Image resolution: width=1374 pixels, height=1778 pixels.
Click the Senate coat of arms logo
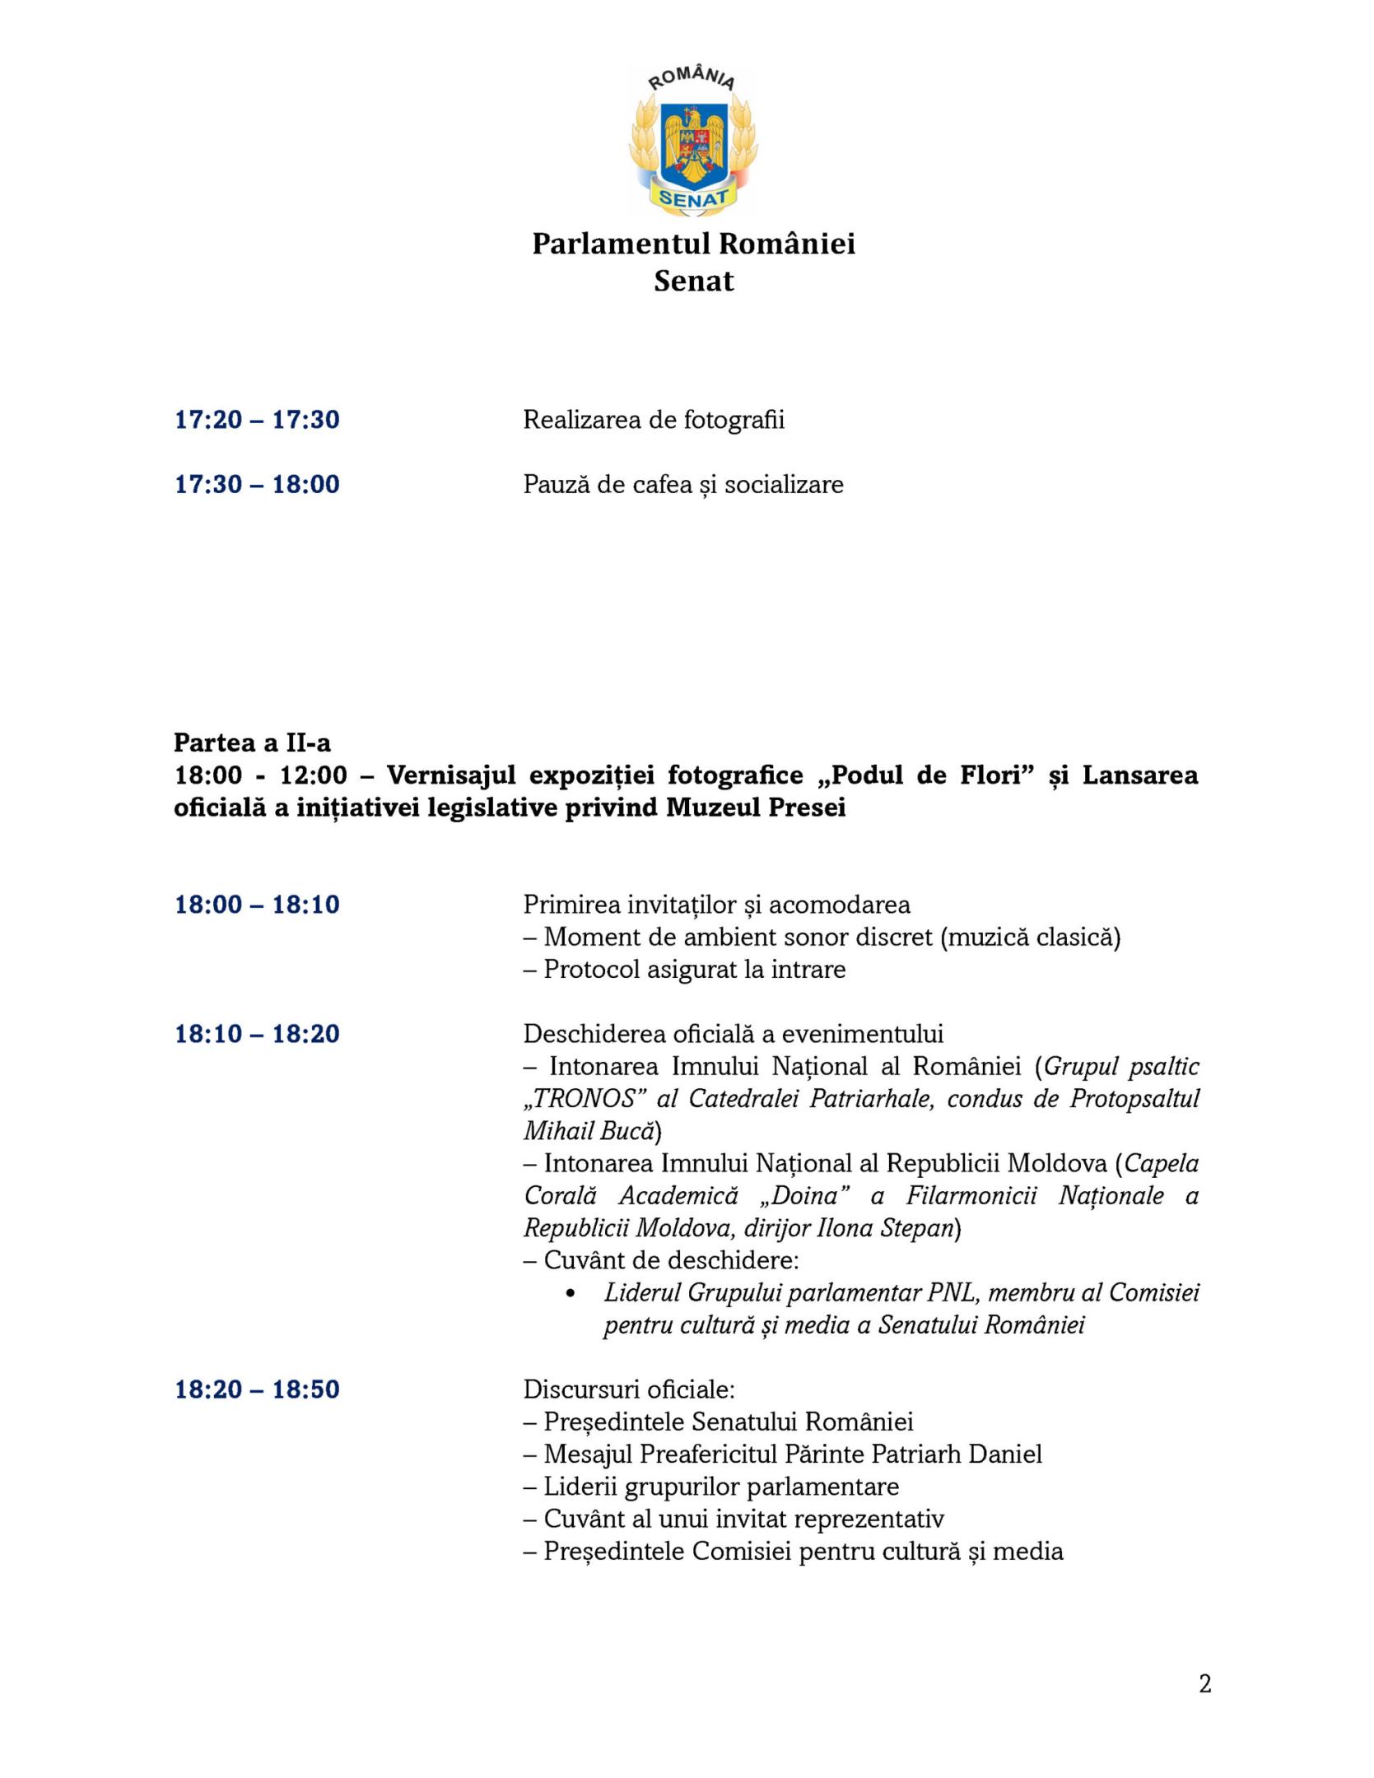point(693,142)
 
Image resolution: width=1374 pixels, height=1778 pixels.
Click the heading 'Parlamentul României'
point(693,244)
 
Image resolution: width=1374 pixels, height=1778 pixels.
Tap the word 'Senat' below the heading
point(693,282)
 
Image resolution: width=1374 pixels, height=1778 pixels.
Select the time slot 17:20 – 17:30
point(257,420)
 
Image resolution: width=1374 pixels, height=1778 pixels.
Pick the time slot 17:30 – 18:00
point(257,484)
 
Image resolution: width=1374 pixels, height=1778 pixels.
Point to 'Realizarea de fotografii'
point(654,420)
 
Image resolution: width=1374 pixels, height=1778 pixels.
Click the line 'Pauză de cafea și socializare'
point(683,484)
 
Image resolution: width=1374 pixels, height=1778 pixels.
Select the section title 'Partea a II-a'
point(252,742)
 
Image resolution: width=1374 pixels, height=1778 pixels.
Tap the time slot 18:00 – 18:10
point(257,905)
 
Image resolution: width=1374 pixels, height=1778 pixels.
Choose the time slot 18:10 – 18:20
point(257,1034)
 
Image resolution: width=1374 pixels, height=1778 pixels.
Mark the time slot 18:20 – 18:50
point(257,1389)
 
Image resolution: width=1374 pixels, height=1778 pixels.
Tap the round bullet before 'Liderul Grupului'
point(571,1293)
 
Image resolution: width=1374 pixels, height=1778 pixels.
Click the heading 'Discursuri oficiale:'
point(629,1389)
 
